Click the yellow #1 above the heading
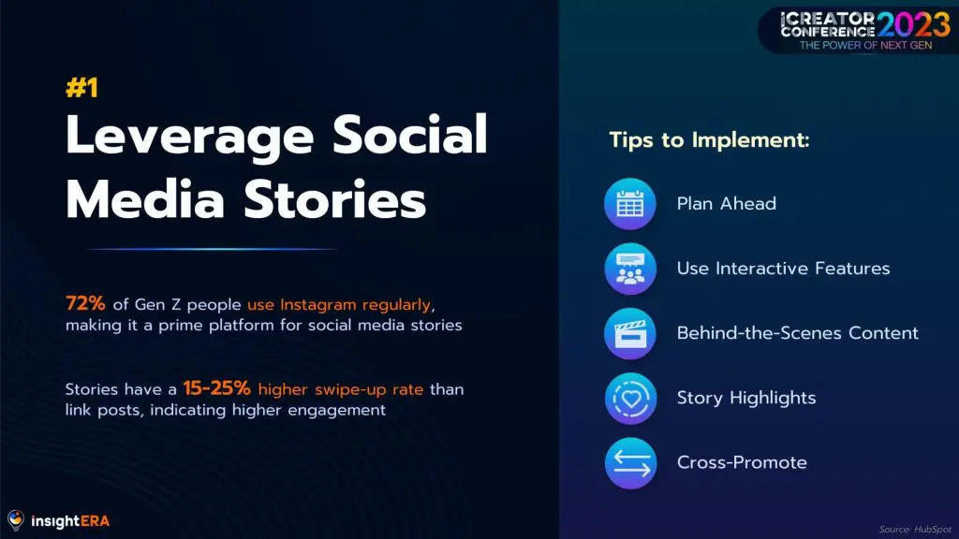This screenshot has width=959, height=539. click(x=82, y=88)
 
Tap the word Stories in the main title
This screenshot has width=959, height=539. click(x=334, y=199)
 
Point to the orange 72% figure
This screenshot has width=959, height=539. click(x=85, y=303)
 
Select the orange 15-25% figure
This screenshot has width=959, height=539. click(x=216, y=388)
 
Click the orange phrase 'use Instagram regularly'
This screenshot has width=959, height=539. click(x=339, y=304)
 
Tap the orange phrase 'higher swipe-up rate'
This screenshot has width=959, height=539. click(x=341, y=390)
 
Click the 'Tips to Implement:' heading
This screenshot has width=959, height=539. click(x=710, y=140)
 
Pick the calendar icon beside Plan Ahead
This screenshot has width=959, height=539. click(x=630, y=204)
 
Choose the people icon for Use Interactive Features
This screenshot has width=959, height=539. click(x=630, y=269)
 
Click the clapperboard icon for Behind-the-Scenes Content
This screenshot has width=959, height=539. click(x=630, y=334)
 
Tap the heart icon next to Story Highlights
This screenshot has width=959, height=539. click(x=630, y=399)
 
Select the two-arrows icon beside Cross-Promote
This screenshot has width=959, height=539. click(x=630, y=463)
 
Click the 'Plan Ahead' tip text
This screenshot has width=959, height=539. click(x=727, y=203)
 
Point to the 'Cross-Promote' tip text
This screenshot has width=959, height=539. click(x=742, y=462)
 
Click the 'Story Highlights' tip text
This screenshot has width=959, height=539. click(x=746, y=399)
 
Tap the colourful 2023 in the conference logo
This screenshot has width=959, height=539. click(x=914, y=25)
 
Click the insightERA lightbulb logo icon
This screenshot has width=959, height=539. click(x=16, y=520)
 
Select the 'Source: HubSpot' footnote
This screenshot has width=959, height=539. click(x=915, y=530)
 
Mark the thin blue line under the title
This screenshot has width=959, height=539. click(x=212, y=249)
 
